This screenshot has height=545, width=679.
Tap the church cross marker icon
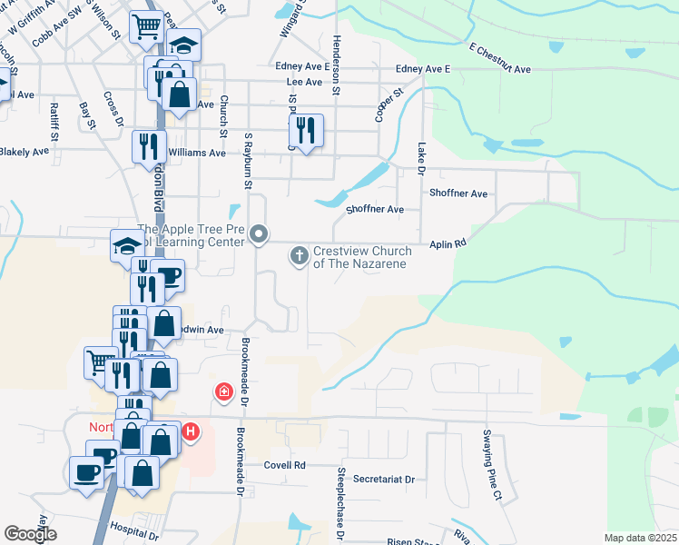[x=300, y=256]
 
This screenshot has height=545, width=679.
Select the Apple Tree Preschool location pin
[x=259, y=235]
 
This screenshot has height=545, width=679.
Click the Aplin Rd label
[x=448, y=243]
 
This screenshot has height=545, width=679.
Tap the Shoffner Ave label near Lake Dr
[x=458, y=193]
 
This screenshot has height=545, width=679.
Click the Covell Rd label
[x=286, y=464]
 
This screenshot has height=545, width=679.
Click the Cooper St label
[x=389, y=106]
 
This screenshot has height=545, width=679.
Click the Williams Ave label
[x=197, y=154]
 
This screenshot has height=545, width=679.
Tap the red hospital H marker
[x=191, y=431]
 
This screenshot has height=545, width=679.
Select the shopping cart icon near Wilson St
[x=146, y=27]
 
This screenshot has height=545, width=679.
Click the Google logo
[x=30, y=533]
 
